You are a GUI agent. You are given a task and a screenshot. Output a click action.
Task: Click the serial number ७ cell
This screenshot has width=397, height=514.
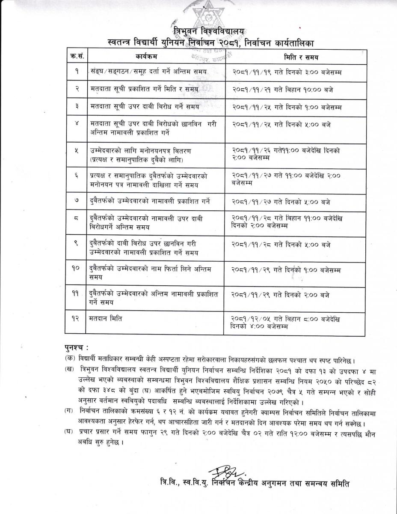coord(75,201)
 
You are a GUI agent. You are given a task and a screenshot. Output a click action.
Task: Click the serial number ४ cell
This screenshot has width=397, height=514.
coord(75,124)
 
